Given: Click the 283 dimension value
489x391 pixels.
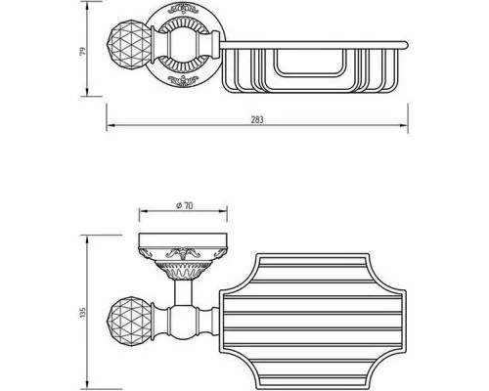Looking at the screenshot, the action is point(257,120).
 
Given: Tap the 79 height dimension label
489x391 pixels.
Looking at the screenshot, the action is point(83,51).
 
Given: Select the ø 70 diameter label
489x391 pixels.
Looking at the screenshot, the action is point(184,205).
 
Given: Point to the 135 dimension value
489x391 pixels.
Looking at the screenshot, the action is point(83,313).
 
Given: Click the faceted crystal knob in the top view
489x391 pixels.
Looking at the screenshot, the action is point(129,45).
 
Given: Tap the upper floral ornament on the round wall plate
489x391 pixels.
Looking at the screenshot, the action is point(183,10).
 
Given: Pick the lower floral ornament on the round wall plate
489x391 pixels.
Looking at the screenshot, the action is point(183,80).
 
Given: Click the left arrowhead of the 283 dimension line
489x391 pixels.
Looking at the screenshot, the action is point(111,125).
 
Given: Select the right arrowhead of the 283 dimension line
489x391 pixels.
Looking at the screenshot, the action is point(404,125).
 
